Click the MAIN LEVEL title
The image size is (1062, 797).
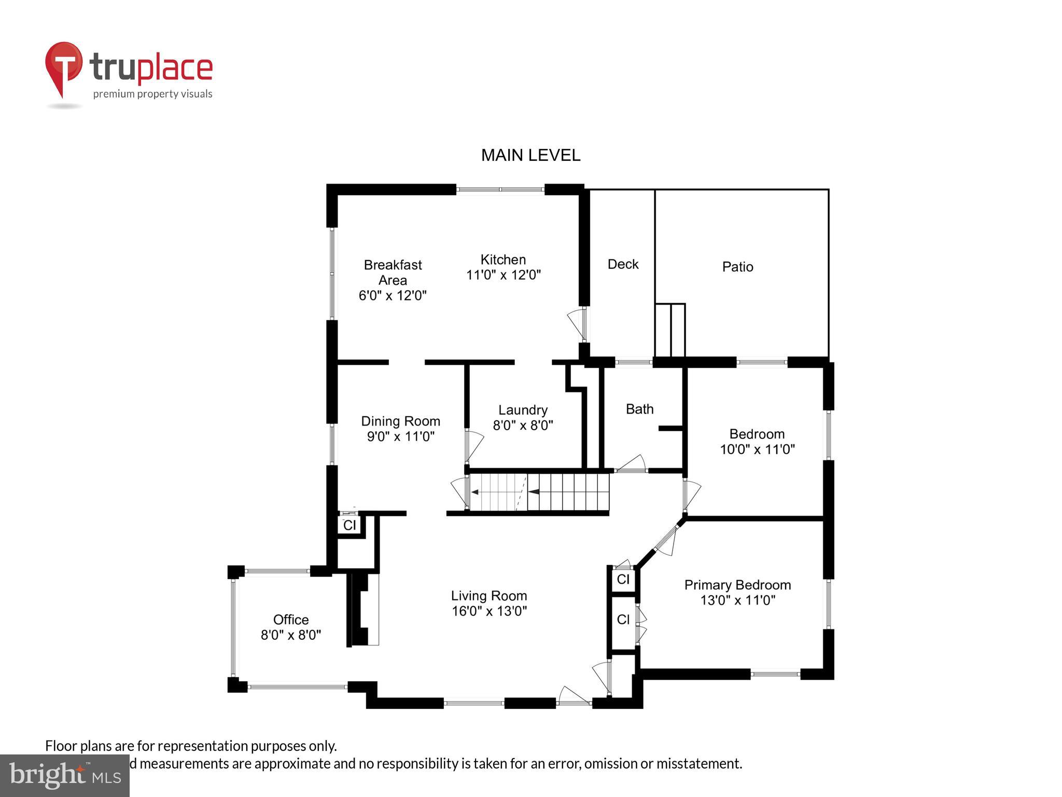click(x=530, y=155)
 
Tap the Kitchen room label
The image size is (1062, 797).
click(x=503, y=259)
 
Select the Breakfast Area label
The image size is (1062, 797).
click(x=393, y=272)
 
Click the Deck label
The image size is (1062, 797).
click(x=623, y=264)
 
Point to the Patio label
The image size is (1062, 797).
click(x=737, y=267)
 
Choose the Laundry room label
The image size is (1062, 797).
click(x=523, y=410)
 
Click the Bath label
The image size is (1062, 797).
click(x=639, y=409)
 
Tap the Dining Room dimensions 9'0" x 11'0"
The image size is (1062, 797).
click(x=400, y=436)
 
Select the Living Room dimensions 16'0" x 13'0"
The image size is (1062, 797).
click(x=489, y=611)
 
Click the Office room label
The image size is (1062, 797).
click(x=291, y=620)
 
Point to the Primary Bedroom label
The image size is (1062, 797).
click(x=737, y=585)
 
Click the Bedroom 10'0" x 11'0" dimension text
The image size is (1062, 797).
click(x=757, y=449)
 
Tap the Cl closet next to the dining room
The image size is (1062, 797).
click(x=350, y=525)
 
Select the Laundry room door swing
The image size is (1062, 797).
click(x=474, y=445)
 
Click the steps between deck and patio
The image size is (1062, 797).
click(x=670, y=330)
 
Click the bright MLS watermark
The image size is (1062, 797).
click(x=64, y=775)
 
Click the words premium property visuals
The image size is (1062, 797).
click(x=152, y=94)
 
